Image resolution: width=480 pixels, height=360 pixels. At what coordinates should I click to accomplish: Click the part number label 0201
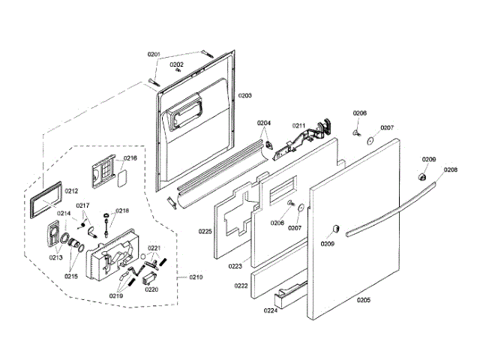154,54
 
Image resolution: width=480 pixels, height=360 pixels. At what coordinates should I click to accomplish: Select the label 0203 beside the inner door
245,97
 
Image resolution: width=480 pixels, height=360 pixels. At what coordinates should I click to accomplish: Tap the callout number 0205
363,300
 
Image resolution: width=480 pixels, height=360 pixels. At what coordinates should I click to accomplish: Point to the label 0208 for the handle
450,170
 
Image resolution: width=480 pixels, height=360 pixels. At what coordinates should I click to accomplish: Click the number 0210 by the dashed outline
195,277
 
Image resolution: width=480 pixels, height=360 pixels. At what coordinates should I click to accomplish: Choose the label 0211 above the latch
298,125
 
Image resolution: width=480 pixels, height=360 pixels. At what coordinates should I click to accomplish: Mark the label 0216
130,158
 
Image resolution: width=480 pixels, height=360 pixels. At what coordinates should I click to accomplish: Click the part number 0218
121,211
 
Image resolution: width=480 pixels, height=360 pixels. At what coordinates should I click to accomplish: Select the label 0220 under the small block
151,289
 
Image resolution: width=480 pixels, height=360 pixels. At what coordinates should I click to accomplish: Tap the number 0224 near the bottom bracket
270,310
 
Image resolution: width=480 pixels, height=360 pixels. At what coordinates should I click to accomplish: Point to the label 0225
205,232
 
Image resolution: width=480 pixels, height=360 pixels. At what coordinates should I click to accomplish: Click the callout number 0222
241,286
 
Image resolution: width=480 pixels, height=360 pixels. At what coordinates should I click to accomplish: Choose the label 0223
234,265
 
